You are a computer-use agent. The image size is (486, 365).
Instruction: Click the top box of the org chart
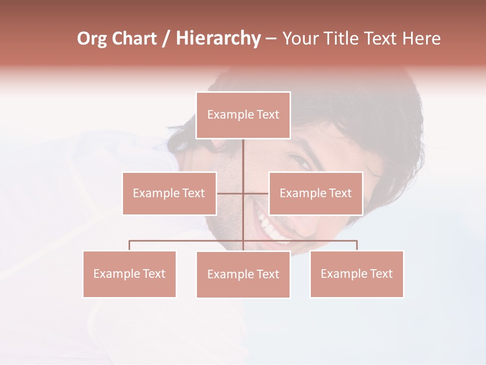tap(243, 115)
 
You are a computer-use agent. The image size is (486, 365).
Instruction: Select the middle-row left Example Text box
tap(169, 193)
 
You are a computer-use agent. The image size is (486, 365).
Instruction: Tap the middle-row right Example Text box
tap(315, 193)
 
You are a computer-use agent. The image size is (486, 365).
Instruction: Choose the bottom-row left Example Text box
tap(129, 274)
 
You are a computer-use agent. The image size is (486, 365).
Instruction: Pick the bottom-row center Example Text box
tap(243, 274)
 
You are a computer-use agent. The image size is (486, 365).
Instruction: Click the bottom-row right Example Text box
tap(356, 274)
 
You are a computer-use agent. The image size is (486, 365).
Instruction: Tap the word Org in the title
tap(92, 39)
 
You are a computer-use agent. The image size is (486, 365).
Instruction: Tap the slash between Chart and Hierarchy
tap(166, 39)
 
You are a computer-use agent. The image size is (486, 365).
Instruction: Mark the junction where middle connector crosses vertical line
tap(243, 193)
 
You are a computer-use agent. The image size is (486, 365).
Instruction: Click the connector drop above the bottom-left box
tap(130, 245)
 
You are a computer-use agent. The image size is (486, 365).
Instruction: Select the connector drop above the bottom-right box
tap(357, 245)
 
